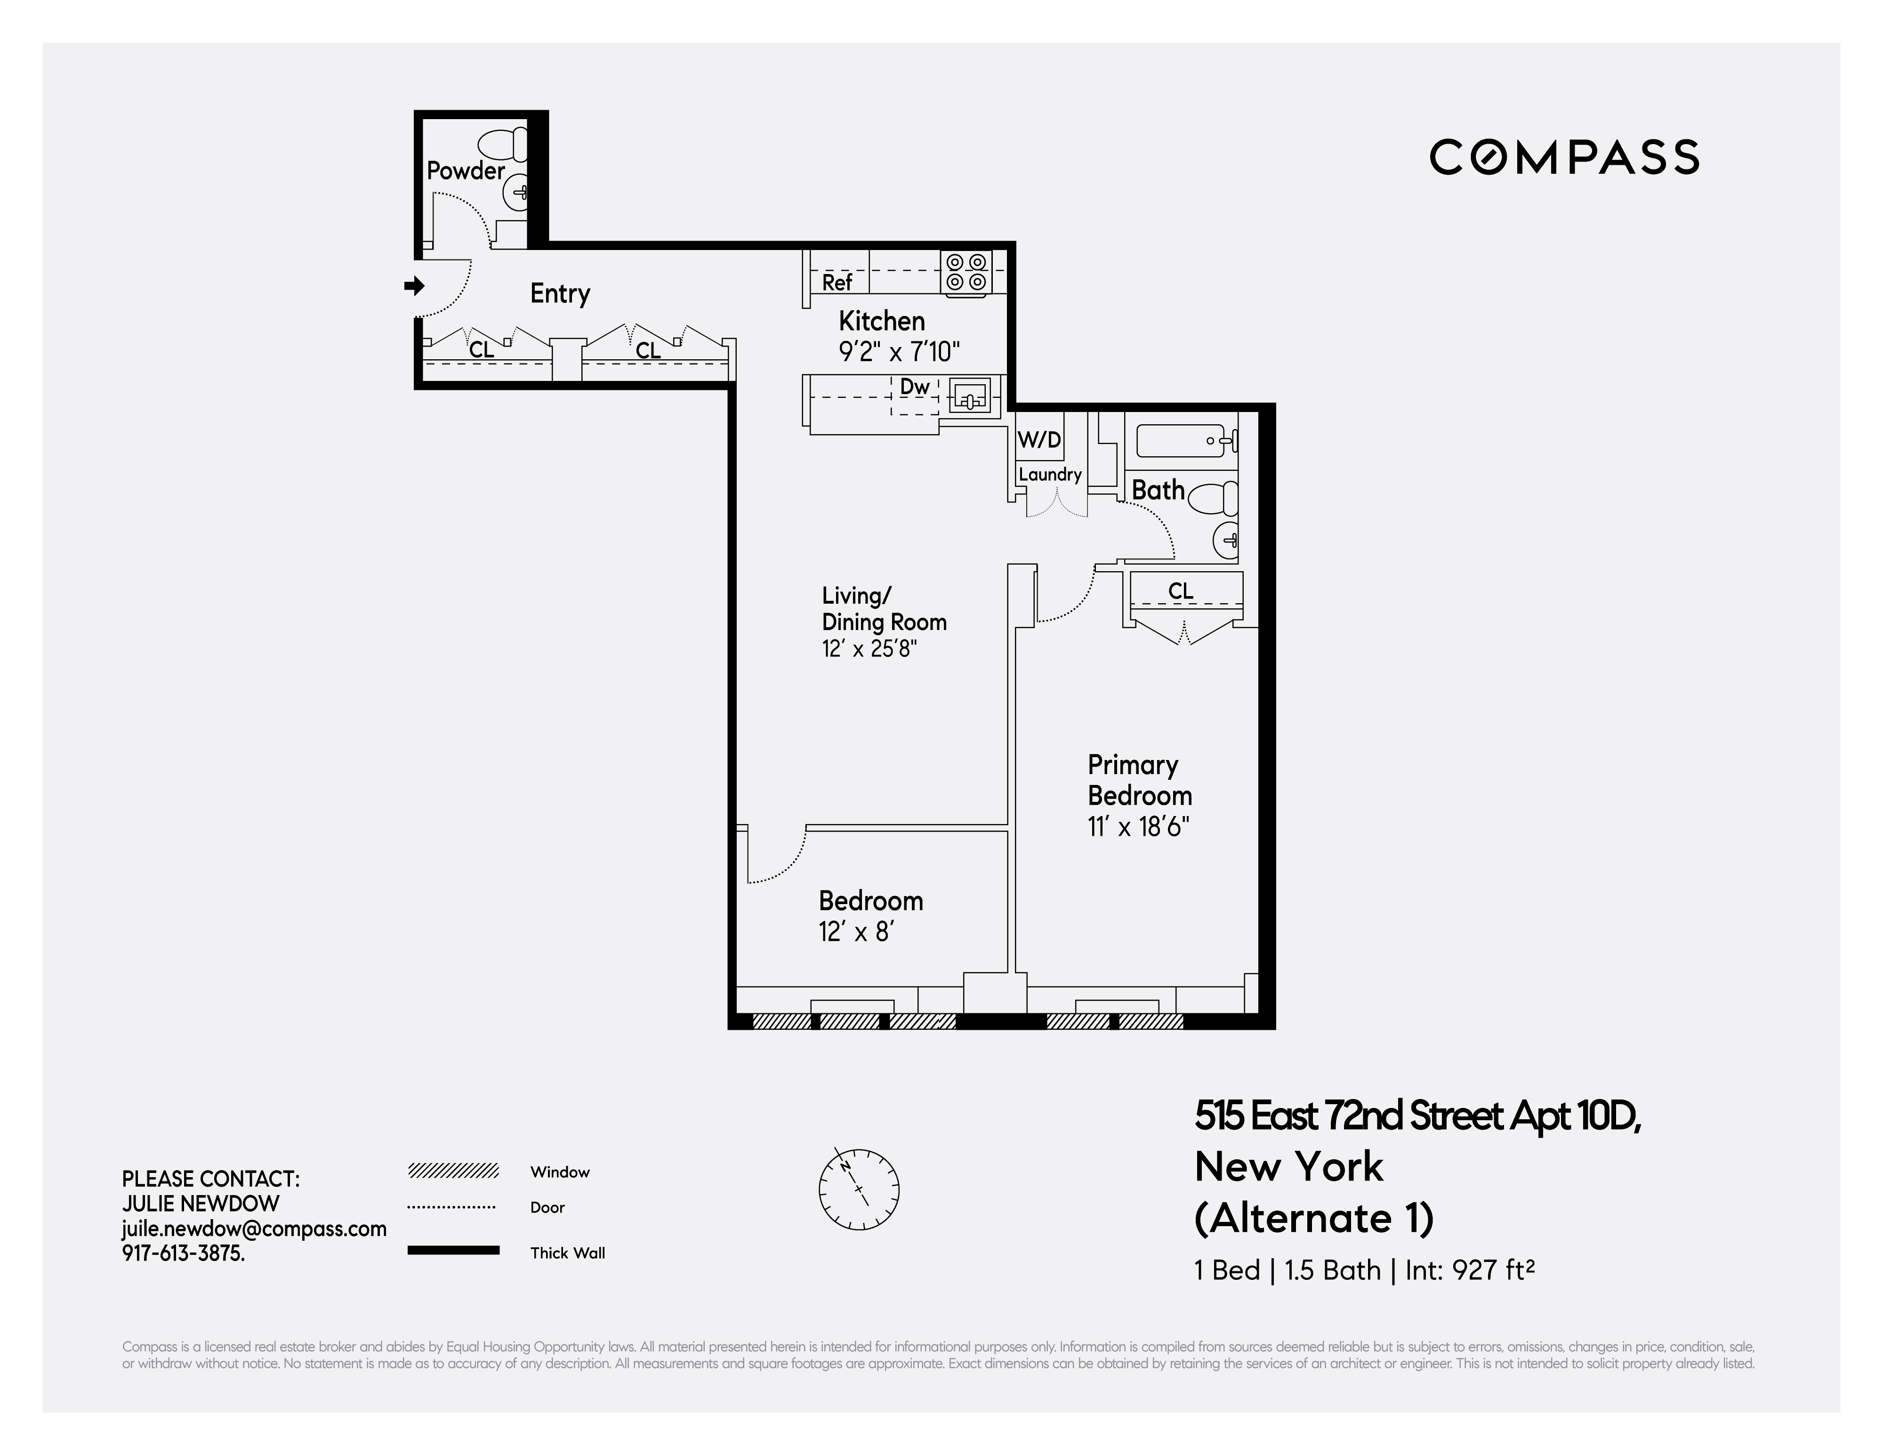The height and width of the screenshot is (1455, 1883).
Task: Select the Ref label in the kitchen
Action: coord(837,282)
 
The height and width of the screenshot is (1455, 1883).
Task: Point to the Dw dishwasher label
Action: coord(915,387)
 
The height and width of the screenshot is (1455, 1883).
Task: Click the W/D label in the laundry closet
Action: coord(1039,440)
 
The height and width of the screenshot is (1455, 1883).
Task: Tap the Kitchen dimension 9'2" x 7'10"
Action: coord(899,352)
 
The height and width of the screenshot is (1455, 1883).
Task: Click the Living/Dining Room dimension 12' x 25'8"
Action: coord(869,648)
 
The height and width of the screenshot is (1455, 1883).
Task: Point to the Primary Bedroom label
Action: coord(1139,780)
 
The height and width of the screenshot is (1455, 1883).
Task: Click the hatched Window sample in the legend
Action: coord(453,1171)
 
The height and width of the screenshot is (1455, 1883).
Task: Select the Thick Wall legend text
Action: coord(567,1253)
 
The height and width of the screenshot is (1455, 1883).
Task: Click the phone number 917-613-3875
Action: coord(183,1253)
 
